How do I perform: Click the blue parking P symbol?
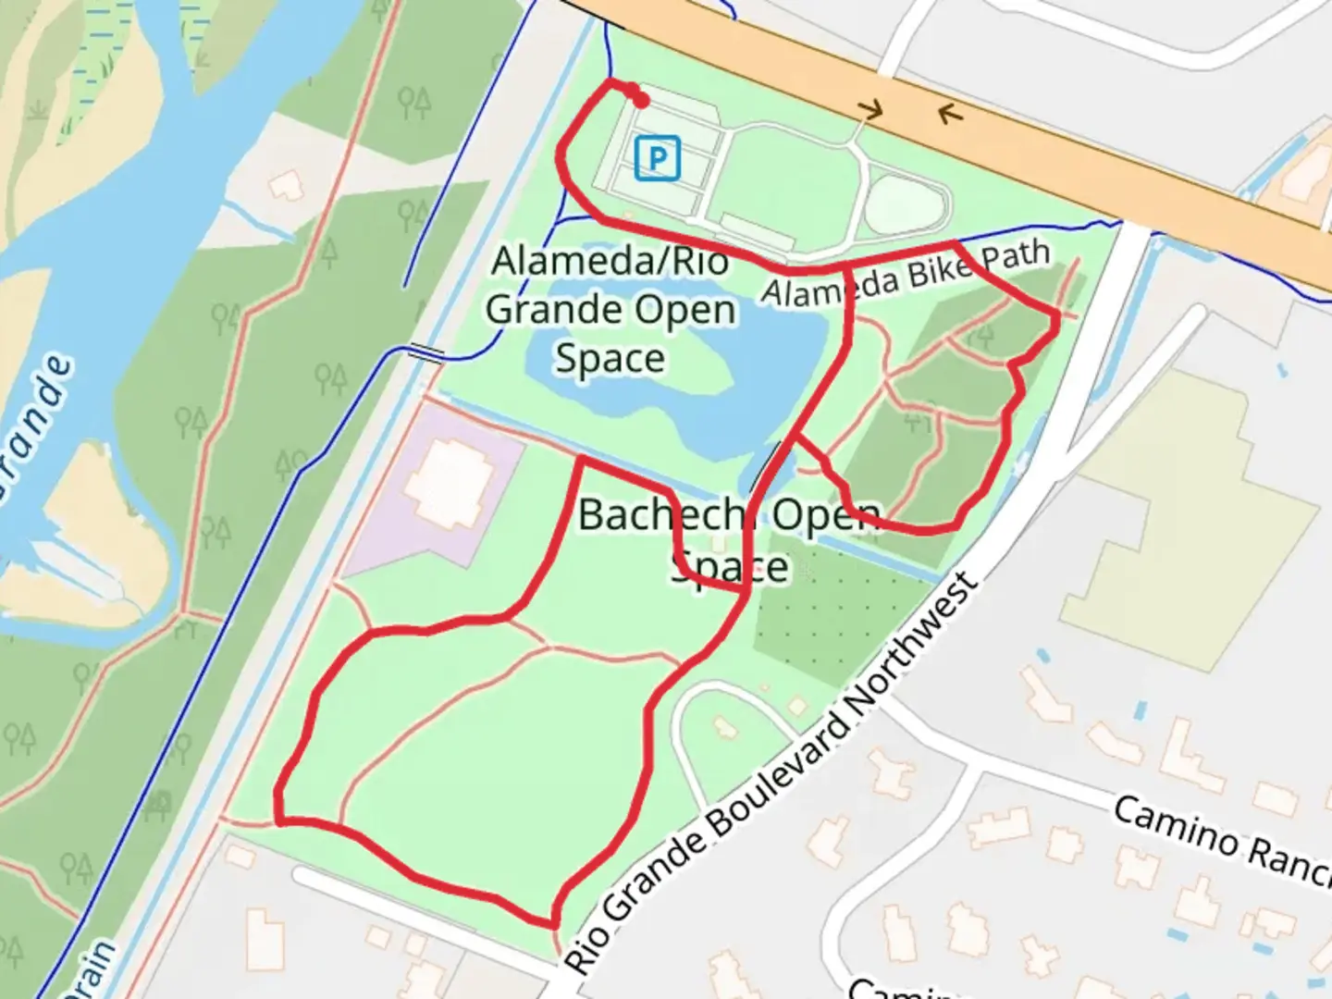[658, 158]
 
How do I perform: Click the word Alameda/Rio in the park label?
[610, 262]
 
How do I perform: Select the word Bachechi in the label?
[661, 515]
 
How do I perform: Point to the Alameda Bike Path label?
[906, 273]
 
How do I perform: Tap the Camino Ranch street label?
[1221, 842]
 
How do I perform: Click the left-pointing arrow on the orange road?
[950, 114]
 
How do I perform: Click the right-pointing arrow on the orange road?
[869, 111]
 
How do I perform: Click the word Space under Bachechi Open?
[731, 567]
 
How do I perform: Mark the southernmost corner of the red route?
[553, 924]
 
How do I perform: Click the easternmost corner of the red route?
[1057, 316]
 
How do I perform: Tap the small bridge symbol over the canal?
[426, 351]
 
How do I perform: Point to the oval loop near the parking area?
[906, 203]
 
